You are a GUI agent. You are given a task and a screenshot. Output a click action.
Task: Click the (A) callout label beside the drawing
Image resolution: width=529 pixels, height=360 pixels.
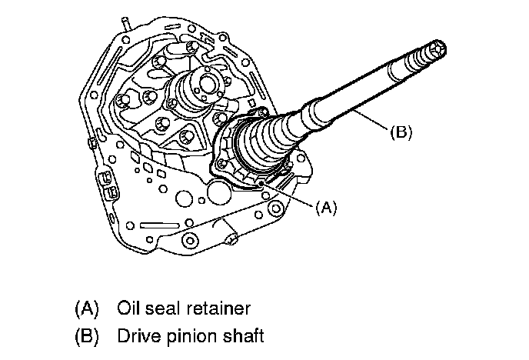pos(326,206)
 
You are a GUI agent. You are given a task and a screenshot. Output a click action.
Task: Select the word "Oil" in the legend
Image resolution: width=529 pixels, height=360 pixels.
pos(129,308)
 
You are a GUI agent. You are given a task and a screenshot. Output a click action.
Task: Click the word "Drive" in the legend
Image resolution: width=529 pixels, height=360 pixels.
pos(138,336)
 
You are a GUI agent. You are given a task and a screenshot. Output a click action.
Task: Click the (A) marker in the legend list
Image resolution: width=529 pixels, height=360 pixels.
pos(88,308)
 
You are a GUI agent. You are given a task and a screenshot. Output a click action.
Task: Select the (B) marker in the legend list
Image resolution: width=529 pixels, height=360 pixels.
pos(88,336)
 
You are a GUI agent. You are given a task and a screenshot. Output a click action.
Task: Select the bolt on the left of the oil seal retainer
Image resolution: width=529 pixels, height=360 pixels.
pos(222,162)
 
